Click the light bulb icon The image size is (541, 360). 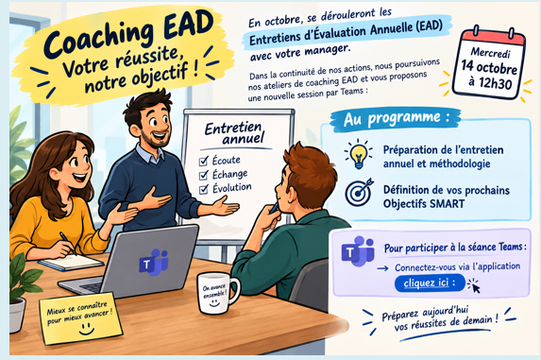pyautogui.click(x=359, y=154)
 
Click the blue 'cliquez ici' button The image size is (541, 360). pyautogui.click(x=430, y=283)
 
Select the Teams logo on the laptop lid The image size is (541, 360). pyautogui.click(x=154, y=263)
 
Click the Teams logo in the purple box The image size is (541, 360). pyautogui.click(x=358, y=251)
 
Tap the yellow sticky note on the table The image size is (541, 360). pyautogui.click(x=80, y=318)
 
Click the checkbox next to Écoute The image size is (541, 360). pyautogui.click(x=204, y=162)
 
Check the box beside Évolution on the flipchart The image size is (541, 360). pyautogui.click(x=204, y=189)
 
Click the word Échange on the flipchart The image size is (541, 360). pyautogui.click(x=229, y=174)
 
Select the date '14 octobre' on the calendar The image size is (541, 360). pyautogui.click(x=489, y=67)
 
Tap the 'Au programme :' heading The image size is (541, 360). pyautogui.click(x=397, y=119)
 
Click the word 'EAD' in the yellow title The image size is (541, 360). pyautogui.click(x=188, y=25)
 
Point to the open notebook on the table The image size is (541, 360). pyautogui.click(x=71, y=262)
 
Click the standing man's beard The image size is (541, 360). pyautogui.click(x=157, y=138)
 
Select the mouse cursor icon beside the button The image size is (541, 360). pyautogui.click(x=474, y=285)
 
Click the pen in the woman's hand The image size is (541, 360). pyautogui.click(x=68, y=244)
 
